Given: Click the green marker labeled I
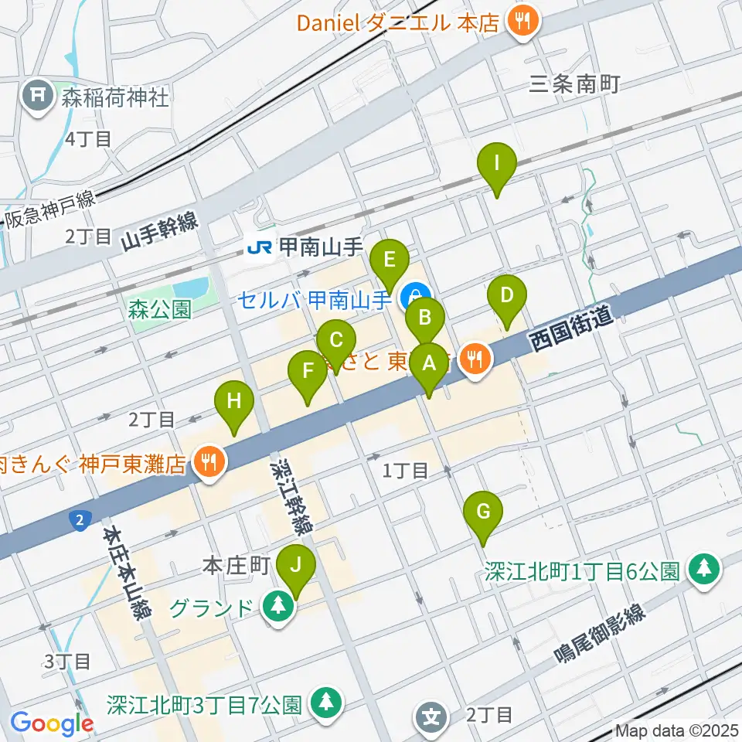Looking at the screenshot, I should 497,165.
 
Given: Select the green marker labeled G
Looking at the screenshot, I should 483,512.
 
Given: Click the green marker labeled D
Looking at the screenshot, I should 506,296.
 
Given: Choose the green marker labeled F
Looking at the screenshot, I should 308,371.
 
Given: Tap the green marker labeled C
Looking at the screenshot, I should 336,341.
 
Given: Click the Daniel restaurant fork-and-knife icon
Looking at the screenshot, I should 522,20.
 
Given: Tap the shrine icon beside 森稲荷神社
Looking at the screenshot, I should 36,97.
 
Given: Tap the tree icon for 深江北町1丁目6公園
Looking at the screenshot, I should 703,570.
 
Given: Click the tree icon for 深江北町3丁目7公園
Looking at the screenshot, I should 325,703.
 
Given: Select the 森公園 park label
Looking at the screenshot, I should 159,310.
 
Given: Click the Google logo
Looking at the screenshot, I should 52,723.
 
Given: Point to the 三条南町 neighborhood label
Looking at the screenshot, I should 575,85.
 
